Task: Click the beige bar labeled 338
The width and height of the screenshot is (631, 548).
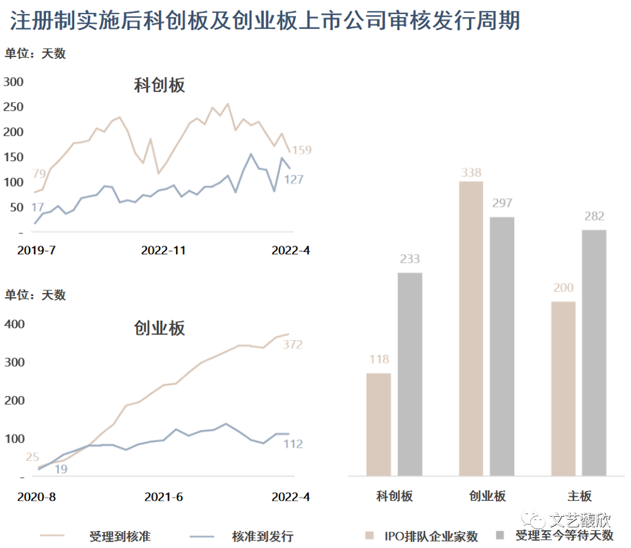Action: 471,328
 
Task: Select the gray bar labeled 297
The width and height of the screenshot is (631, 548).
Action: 502,346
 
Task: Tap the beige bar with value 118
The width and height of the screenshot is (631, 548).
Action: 378,424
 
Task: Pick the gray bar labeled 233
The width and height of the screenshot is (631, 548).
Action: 409,373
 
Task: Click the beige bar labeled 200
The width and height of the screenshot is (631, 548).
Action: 564,388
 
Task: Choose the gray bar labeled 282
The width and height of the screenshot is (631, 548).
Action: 594,352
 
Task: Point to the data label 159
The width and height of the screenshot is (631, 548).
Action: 302,150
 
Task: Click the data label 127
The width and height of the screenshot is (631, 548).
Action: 293,180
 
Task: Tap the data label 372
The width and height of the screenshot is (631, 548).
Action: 293,344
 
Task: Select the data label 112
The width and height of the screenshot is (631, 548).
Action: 293,444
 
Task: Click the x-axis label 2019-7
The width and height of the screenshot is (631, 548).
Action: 36,251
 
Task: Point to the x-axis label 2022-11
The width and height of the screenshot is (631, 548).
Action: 163,251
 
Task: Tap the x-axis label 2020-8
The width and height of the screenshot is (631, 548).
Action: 36,496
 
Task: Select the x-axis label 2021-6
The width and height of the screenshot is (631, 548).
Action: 164,496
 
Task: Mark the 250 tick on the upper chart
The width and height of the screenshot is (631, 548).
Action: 14,107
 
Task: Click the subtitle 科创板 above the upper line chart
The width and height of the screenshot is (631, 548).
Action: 159,86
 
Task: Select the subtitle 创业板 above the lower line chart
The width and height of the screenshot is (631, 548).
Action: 159,328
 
